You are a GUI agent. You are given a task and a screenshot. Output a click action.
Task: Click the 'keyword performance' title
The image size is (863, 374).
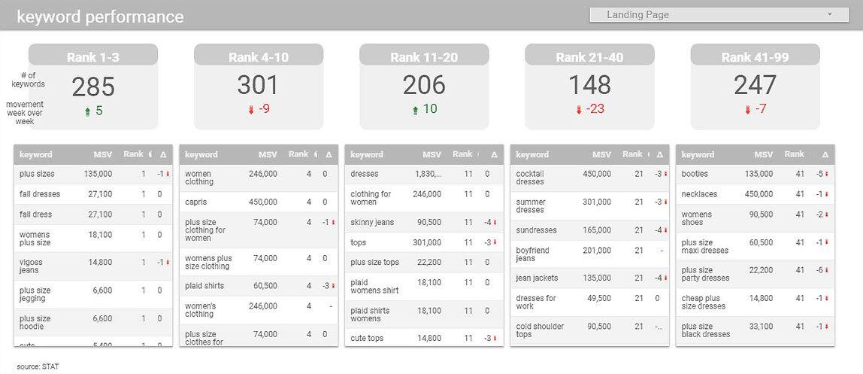click(100, 17)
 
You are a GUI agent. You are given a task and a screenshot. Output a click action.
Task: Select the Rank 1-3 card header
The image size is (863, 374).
click(93, 57)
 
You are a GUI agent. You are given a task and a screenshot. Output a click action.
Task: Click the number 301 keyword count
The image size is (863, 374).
click(259, 86)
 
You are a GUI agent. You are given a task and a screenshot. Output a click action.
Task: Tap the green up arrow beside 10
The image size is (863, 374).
click(415, 110)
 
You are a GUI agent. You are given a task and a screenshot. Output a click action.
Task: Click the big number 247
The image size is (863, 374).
click(755, 86)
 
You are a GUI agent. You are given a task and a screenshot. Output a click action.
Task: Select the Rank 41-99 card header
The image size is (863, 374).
click(755, 57)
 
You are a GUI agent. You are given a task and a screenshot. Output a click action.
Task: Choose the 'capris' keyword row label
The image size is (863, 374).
click(197, 202)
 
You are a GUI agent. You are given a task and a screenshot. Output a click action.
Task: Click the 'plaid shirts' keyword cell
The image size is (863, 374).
click(204, 286)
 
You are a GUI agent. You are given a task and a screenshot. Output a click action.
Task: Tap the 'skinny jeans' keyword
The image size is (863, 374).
click(372, 222)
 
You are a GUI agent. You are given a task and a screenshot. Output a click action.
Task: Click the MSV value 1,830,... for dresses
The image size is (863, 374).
click(428, 174)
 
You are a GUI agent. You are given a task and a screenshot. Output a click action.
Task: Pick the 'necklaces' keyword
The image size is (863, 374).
click(699, 194)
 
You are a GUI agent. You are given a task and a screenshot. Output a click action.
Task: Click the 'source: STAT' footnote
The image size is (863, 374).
click(38, 366)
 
